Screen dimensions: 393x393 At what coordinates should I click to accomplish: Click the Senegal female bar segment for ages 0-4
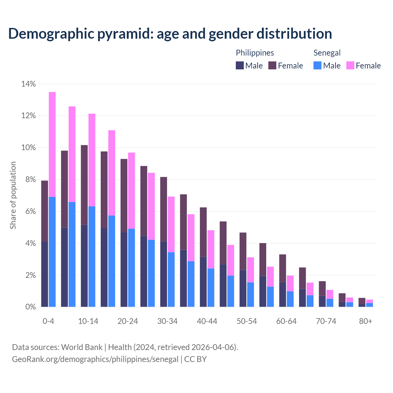52,144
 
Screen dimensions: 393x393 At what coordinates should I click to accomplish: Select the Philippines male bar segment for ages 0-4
45,274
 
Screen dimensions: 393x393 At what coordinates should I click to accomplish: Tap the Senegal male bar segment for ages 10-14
92,256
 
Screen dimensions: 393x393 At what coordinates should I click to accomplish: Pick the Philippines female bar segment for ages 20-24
124,196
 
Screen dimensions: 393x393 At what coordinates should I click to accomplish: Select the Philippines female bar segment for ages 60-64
282,268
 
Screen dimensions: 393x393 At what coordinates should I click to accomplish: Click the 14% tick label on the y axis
29,84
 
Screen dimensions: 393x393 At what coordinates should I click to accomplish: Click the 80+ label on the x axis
366,321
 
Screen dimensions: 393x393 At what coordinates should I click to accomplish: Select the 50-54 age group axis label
247,321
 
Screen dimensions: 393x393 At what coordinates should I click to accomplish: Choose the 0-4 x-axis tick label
49,321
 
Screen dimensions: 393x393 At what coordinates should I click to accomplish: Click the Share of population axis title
13,195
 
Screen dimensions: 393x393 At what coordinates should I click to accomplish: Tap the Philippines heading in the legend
255,53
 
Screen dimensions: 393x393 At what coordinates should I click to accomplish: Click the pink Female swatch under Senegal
350,65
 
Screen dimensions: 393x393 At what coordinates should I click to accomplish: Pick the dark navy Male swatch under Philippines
240,65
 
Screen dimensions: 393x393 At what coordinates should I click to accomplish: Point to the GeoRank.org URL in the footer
95,359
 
